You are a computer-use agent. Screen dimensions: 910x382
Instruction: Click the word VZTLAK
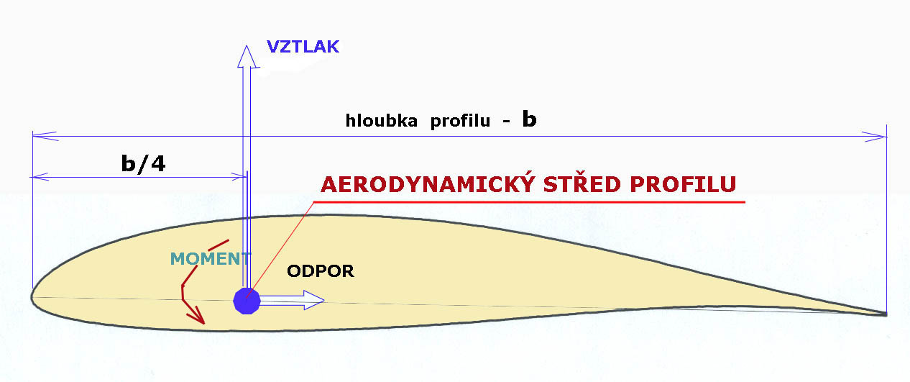pyautogui.click(x=303, y=47)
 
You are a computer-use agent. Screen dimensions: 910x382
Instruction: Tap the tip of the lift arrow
pyautogui.click(x=246, y=45)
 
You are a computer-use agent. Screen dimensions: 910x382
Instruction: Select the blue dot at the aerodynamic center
pyautogui.click(x=247, y=301)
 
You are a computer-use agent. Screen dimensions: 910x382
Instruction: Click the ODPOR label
pyautogui.click(x=320, y=271)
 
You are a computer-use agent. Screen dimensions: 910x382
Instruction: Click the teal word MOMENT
pyautogui.click(x=211, y=259)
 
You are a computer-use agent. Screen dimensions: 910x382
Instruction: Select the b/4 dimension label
pyautogui.click(x=144, y=163)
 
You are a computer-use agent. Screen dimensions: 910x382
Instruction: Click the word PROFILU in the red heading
pyautogui.click(x=683, y=184)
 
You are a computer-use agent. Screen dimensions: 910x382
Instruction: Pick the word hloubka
pyautogui.click(x=382, y=121)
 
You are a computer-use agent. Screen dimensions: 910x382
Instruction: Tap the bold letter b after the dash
pyautogui.click(x=529, y=119)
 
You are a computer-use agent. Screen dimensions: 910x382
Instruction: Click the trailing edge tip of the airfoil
pyautogui.click(x=886, y=314)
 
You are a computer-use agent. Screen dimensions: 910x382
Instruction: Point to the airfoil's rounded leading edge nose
pyautogui.click(x=32, y=296)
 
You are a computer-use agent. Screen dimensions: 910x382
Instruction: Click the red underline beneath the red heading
pyautogui.click(x=529, y=202)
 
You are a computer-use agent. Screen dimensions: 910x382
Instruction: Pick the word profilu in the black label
pyautogui.click(x=460, y=121)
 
